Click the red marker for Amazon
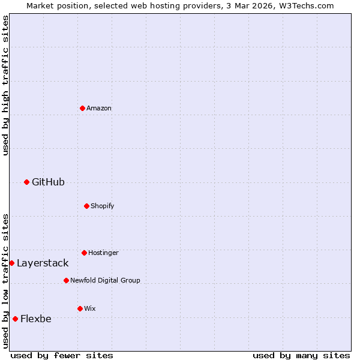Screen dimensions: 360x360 click(82, 108)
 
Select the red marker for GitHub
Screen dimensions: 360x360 click(26, 182)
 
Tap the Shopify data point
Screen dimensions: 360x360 click(86, 206)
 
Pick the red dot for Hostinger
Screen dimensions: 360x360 click(84, 253)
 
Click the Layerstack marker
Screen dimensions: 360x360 click(11, 263)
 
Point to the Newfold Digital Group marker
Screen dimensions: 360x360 click(66, 280)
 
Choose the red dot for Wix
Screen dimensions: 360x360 click(80, 308)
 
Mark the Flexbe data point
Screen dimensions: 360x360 click(15, 319)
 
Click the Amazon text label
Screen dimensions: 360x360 click(99, 108)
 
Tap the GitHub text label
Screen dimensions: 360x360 click(48, 182)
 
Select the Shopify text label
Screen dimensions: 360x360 click(103, 206)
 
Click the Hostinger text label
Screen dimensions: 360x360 click(103, 253)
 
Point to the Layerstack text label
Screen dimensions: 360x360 click(43, 263)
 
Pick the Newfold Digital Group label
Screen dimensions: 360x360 click(105, 280)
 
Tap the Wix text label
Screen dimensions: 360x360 click(90, 308)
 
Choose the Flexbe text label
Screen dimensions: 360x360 click(36, 319)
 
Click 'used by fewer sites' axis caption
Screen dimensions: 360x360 click(62, 355)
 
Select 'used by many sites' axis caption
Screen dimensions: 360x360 click(301, 355)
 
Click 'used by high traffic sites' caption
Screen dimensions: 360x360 click(5, 85)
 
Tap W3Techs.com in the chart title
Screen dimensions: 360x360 click(304, 5)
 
